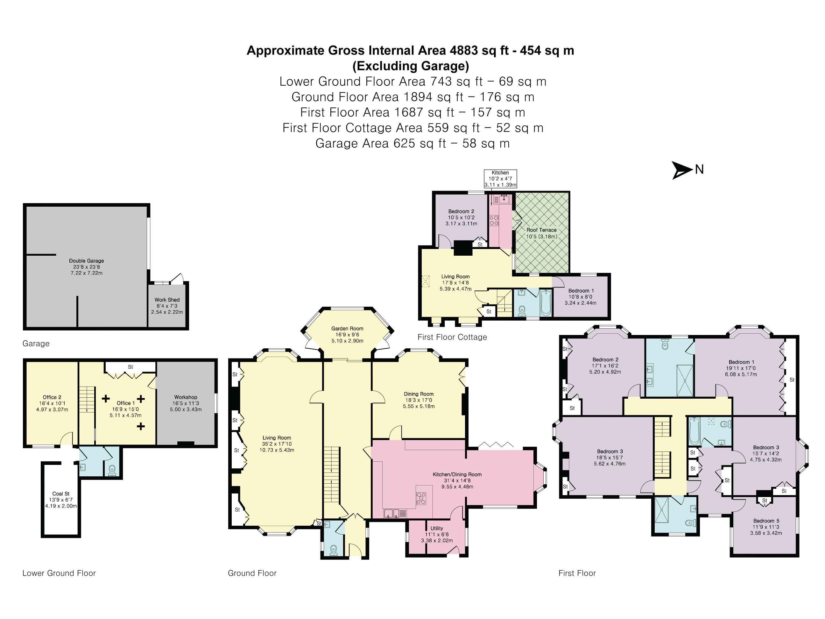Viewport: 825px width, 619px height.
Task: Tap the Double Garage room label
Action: [87, 261]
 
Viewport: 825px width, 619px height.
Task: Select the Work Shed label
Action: [167, 300]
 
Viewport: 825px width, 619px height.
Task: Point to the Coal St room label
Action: [61, 494]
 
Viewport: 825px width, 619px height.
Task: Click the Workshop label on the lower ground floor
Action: [186, 397]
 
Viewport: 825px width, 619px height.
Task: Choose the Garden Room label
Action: [347, 328]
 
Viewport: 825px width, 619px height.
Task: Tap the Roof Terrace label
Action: [541, 230]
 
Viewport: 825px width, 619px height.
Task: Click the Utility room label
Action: [437, 528]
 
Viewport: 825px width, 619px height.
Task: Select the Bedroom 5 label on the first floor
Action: [766, 521]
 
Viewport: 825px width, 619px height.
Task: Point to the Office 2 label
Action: [52, 397]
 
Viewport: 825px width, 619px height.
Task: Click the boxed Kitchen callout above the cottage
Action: [500, 179]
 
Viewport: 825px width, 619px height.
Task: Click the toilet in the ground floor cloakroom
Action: [334, 550]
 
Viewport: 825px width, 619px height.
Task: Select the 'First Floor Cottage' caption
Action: [452, 337]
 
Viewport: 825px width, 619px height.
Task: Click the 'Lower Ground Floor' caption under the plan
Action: [59, 573]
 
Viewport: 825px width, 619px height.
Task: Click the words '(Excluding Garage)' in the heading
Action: [411, 66]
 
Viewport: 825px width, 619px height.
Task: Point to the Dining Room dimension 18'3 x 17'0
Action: [419, 400]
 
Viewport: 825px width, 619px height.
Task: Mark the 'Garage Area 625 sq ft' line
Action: [380, 143]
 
